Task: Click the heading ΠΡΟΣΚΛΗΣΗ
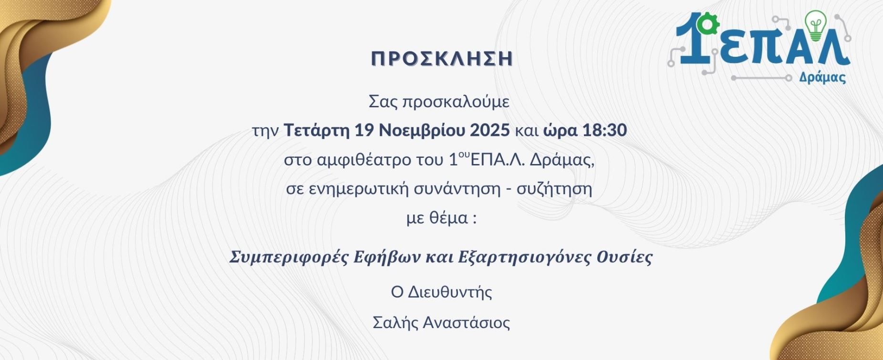442,58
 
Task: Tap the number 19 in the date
364,130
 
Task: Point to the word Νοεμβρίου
422,131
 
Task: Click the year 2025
490,130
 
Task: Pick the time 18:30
604,130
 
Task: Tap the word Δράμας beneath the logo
822,78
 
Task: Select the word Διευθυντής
450,292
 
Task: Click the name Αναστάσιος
467,323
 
